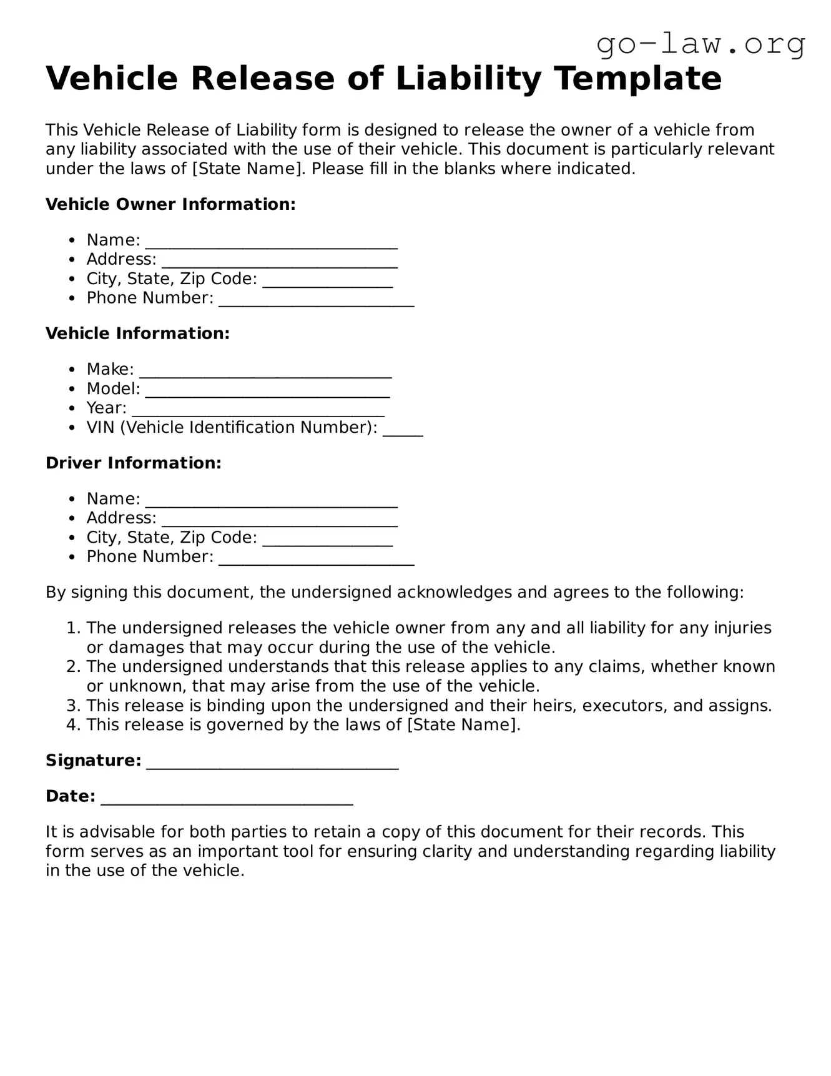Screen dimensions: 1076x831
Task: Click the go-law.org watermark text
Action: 701,44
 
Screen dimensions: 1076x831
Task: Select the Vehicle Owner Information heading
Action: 170,204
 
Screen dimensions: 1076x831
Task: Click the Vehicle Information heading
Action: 137,333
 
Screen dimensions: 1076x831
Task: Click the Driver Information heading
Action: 134,463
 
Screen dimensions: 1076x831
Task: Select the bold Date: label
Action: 71,796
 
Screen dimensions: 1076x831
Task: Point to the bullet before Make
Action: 73,370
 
